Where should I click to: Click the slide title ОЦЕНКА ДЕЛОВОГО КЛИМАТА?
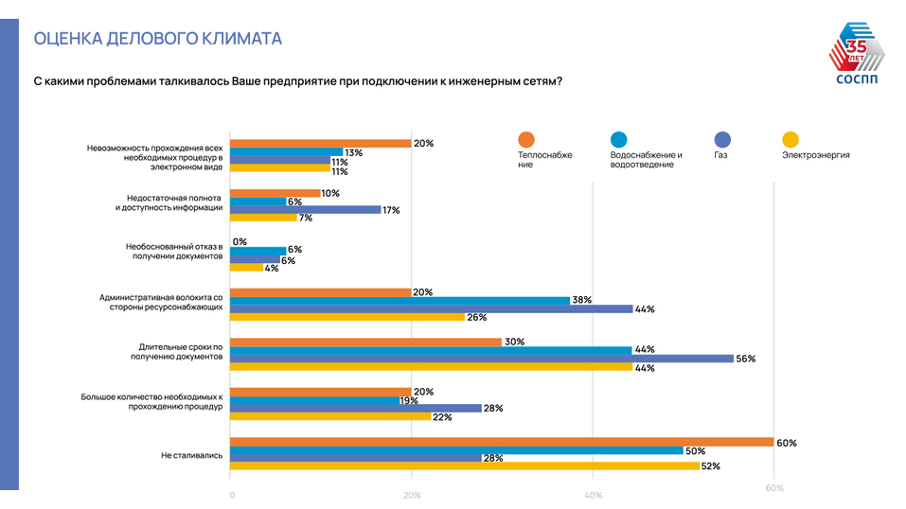click(157, 39)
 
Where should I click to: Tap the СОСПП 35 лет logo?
click(859, 61)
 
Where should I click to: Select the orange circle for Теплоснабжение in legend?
click(526, 138)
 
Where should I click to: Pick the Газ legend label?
click(721, 154)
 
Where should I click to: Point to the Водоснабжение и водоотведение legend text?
click(647, 159)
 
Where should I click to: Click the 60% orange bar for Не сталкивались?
click(502, 442)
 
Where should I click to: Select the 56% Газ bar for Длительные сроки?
click(482, 359)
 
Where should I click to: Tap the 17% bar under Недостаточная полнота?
click(306, 209)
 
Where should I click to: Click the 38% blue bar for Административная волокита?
click(400, 300)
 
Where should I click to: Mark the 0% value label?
click(240, 242)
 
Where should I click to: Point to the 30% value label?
click(514, 342)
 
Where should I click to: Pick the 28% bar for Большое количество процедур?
click(356, 408)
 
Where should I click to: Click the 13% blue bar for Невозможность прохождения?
click(287, 152)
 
